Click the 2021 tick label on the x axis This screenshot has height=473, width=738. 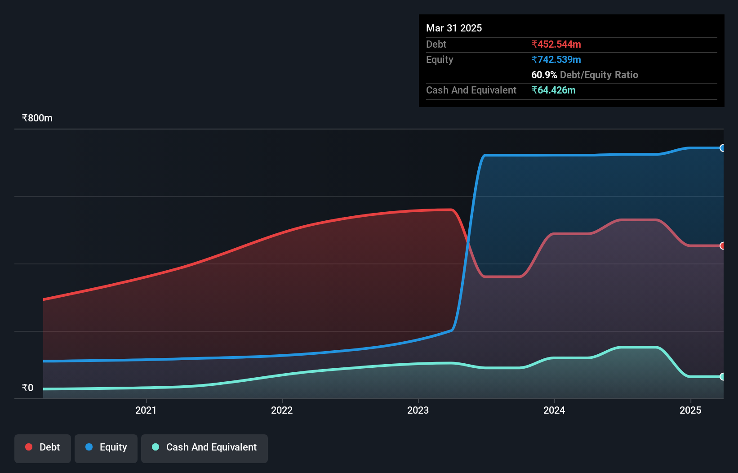coord(146,410)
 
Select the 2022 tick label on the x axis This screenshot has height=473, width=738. coord(282,410)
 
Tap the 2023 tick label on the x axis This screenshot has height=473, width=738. coord(418,410)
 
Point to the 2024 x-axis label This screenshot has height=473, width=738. coord(554,410)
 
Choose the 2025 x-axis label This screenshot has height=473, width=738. coord(690,410)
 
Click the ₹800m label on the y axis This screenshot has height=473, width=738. coord(37,118)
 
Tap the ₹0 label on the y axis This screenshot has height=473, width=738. coord(28,388)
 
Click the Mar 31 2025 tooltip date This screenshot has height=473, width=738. coord(454,28)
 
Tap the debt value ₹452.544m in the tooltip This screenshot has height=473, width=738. coord(556,45)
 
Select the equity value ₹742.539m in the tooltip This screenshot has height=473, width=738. coord(556,60)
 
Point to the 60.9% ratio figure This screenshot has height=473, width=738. coord(544,75)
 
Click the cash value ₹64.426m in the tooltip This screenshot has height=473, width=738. coord(553,90)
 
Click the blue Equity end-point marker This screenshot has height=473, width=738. coord(722,148)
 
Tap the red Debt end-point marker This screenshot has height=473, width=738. coord(722,246)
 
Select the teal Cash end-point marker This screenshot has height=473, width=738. coord(722,377)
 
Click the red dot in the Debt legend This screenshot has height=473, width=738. coord(29,447)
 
